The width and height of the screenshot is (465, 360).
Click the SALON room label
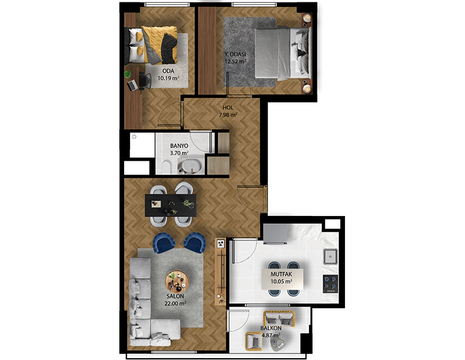coord(175,296)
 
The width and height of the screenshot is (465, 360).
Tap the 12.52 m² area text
coord(235,62)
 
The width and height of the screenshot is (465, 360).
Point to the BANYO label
coord(179,146)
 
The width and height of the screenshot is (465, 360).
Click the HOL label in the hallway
coord(228,107)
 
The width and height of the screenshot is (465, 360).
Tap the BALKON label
coord(271,328)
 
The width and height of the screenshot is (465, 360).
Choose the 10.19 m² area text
coord(169,78)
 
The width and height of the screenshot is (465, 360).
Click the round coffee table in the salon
coord(177,282)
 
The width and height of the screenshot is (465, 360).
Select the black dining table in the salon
coord(170,205)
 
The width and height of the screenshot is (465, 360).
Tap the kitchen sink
coord(331,256)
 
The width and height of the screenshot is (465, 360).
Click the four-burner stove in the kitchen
coord(331,283)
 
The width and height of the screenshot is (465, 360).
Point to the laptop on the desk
coord(132,85)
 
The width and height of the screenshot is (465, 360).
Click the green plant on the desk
coord(128,74)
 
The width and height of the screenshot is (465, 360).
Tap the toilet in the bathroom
coord(167,167)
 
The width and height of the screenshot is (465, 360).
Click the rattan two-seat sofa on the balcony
coord(279,319)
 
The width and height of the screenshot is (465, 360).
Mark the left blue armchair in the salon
coord(164,243)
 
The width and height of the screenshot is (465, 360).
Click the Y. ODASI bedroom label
coord(235,54)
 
